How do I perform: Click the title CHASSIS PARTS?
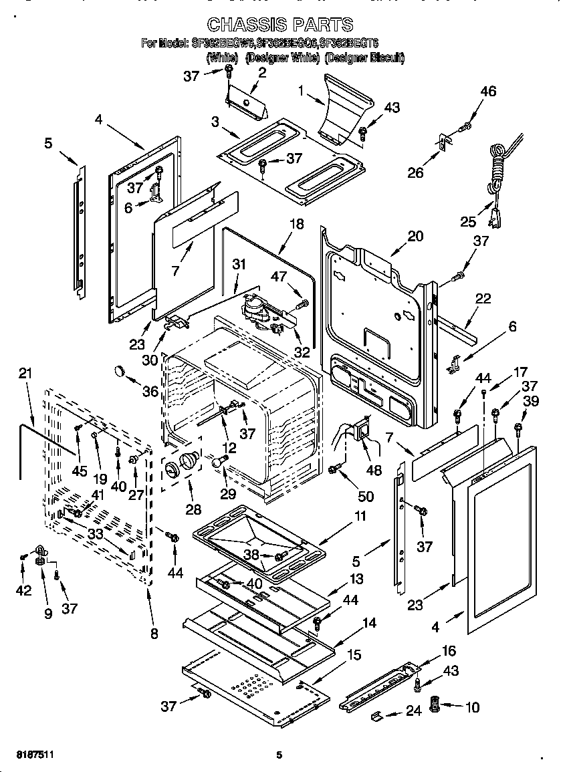click(x=279, y=25)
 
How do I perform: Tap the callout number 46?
click(x=489, y=92)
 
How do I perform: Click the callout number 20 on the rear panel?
click(x=415, y=236)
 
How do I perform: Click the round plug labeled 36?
click(x=120, y=371)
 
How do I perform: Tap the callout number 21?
click(x=25, y=374)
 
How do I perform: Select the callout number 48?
click(x=374, y=471)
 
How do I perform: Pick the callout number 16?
click(x=448, y=650)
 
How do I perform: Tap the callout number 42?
click(x=23, y=590)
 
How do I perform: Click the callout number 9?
click(x=48, y=612)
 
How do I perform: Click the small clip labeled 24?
click(x=377, y=717)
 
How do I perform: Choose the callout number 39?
click(x=531, y=400)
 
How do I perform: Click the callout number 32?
click(x=302, y=352)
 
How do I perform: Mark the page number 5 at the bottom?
click(x=279, y=755)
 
